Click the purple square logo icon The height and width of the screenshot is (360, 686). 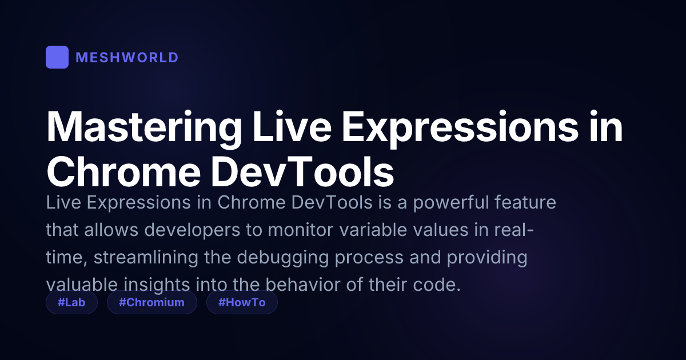(57, 57)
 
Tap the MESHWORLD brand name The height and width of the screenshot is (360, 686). (127, 58)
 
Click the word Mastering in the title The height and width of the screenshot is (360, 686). (144, 127)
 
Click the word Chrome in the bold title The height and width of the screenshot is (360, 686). (123, 171)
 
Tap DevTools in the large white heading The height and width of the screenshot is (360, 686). (302, 171)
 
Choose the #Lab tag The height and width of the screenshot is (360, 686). (71, 302)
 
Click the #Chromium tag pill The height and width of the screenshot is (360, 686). (152, 302)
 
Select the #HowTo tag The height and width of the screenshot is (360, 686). (242, 302)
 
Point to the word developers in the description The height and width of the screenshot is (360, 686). (192, 230)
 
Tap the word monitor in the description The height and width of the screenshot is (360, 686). (301, 230)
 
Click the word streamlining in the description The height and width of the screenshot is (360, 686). (146, 258)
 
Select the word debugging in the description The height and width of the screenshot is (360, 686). (282, 258)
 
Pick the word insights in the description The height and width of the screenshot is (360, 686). (157, 285)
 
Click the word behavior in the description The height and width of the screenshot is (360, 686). (303, 285)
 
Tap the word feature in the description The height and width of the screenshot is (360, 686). (525, 203)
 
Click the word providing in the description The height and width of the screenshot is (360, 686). (487, 258)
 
